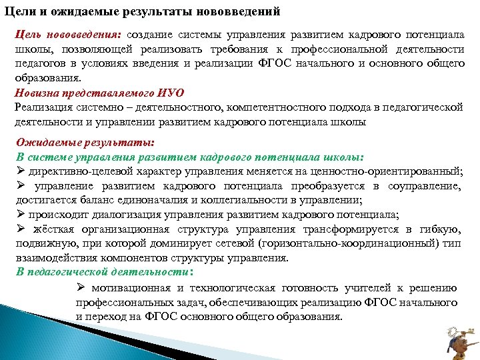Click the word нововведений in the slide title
pos(236,12)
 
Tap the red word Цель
pos(29,34)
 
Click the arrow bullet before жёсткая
pos(20,229)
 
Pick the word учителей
pos(363,287)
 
